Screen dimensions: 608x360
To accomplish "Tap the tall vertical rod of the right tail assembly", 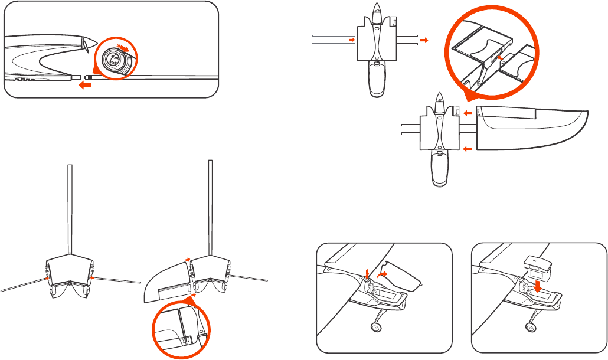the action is point(210,207).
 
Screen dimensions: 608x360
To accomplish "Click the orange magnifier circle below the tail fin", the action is point(182,331).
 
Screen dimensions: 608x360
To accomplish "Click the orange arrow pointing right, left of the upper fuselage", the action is point(352,40).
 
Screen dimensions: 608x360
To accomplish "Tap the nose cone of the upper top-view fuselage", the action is point(377,12).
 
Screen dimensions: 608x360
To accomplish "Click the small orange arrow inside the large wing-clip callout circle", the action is point(499,58).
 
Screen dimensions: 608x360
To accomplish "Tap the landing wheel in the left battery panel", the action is point(375,328).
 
